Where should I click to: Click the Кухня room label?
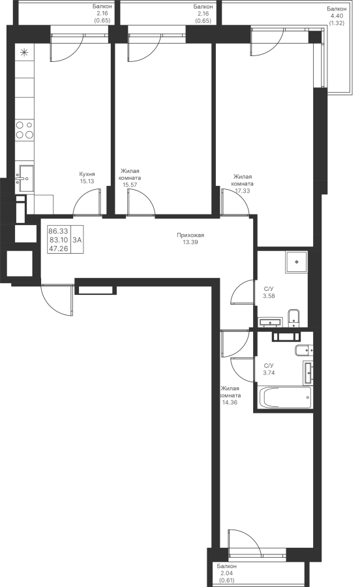(87, 174)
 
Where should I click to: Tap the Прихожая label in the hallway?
(190, 235)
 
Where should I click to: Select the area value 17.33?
(242, 190)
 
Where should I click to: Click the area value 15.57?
(130, 185)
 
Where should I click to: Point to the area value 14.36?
(230, 402)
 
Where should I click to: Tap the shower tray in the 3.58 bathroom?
(296, 262)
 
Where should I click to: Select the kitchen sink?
(25, 179)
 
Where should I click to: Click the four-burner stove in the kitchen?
(25, 130)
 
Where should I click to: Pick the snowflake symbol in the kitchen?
(24, 53)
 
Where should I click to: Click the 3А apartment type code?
(77, 240)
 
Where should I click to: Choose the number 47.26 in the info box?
(59, 248)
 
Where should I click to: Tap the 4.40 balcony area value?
(337, 16)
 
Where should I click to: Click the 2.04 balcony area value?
(226, 573)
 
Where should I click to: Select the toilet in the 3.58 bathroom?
(293, 316)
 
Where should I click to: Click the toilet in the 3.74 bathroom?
(303, 350)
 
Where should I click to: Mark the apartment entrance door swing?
(57, 300)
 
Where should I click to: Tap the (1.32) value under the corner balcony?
(337, 23)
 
